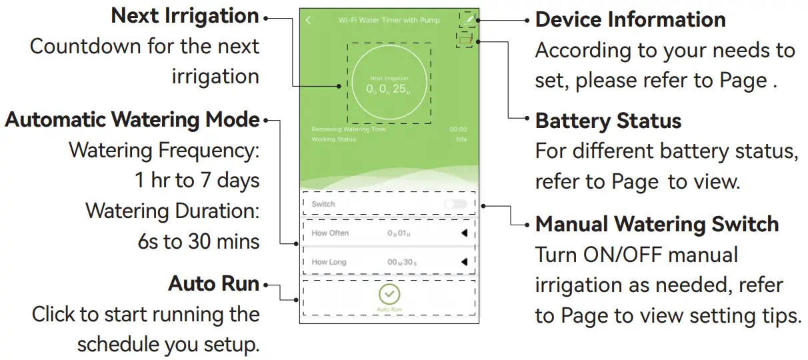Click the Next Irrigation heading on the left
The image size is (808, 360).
click(x=185, y=16)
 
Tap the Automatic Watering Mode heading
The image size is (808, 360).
click(x=132, y=119)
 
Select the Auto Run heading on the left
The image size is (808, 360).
click(x=213, y=283)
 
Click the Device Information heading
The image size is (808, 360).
click(x=630, y=19)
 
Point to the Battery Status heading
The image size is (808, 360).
click(x=608, y=121)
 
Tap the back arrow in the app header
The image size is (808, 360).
click(x=308, y=20)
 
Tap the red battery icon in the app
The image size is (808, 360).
click(x=465, y=40)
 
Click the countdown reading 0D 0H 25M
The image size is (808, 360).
click(x=390, y=89)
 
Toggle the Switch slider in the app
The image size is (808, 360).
click(x=456, y=204)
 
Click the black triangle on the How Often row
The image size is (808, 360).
click(x=464, y=233)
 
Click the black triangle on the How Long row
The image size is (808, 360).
click(x=464, y=262)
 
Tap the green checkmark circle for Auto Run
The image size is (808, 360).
click(x=389, y=293)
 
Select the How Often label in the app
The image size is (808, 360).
click(x=330, y=233)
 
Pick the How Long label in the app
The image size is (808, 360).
click(x=329, y=262)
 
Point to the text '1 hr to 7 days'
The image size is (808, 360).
click(x=197, y=180)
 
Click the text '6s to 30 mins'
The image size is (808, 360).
click(x=198, y=241)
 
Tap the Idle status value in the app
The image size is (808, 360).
click(x=461, y=139)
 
